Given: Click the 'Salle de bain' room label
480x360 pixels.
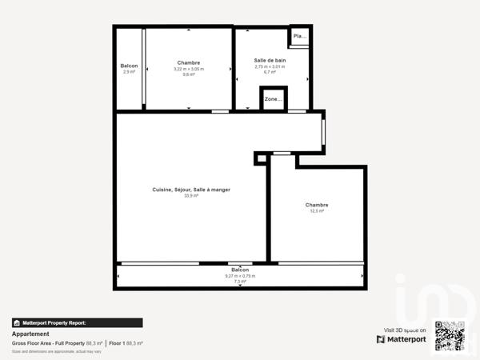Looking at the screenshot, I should (x=270, y=61).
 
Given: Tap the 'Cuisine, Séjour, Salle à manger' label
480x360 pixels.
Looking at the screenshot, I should (x=191, y=190).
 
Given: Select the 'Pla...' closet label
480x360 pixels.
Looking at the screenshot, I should (x=299, y=36).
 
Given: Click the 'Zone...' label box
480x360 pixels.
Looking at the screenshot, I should (x=273, y=99).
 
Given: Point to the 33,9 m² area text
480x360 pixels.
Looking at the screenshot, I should (x=191, y=196).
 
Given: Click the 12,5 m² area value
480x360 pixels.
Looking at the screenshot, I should (x=317, y=211).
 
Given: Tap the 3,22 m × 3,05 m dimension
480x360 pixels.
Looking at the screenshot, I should (x=189, y=69).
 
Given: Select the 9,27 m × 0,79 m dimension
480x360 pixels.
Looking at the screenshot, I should (x=240, y=276).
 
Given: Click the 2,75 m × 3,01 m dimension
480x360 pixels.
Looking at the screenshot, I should (x=270, y=66).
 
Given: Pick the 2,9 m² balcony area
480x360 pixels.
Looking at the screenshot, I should (x=129, y=72).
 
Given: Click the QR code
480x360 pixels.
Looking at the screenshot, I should (x=450, y=335).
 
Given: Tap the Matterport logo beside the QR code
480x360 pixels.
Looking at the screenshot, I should (x=402, y=339).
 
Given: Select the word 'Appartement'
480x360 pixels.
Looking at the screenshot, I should (x=27, y=334).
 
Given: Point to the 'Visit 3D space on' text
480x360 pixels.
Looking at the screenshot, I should (x=405, y=330).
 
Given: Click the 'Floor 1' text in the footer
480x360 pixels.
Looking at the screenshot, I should (x=117, y=343).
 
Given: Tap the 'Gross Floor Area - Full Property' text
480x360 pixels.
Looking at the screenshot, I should (x=48, y=343).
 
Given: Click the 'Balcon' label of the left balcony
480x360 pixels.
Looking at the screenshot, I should (x=129, y=66).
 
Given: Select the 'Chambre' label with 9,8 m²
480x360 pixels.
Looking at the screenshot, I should (x=189, y=62).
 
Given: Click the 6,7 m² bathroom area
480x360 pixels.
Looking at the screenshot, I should (x=270, y=72).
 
